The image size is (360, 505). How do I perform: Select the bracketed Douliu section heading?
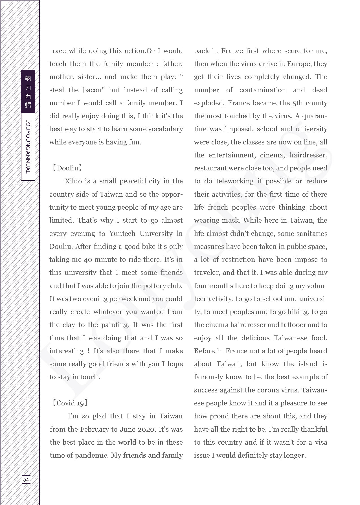click(67, 168)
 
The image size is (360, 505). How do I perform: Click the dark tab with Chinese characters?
click(28, 91)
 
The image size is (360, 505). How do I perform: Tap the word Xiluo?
click(73, 181)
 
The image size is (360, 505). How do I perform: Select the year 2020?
click(146, 429)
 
